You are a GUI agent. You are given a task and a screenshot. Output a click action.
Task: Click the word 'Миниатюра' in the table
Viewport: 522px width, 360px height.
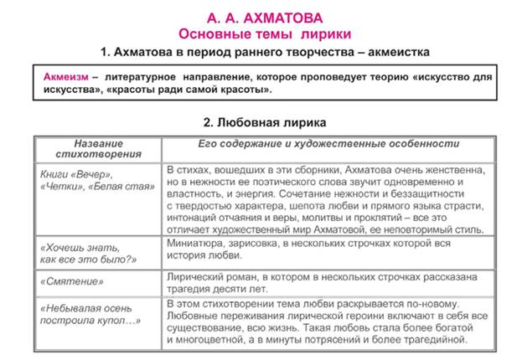click(196, 241)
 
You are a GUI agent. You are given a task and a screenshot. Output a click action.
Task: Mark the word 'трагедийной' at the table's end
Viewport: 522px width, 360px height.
click(437, 341)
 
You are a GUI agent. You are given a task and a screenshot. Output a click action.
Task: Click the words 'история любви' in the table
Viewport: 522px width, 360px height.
click(205, 255)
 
